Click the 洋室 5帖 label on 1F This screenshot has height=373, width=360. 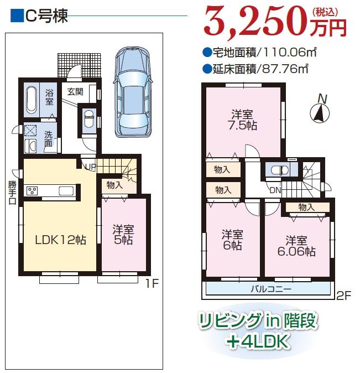click(x=123, y=235)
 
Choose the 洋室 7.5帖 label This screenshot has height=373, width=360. click(x=243, y=120)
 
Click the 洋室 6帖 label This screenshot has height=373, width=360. click(x=232, y=240)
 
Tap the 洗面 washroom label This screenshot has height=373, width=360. click(x=49, y=138)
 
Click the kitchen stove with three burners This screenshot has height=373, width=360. click(x=32, y=191)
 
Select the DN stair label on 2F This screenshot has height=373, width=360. click(x=274, y=190)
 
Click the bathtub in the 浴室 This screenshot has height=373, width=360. click(x=31, y=100)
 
